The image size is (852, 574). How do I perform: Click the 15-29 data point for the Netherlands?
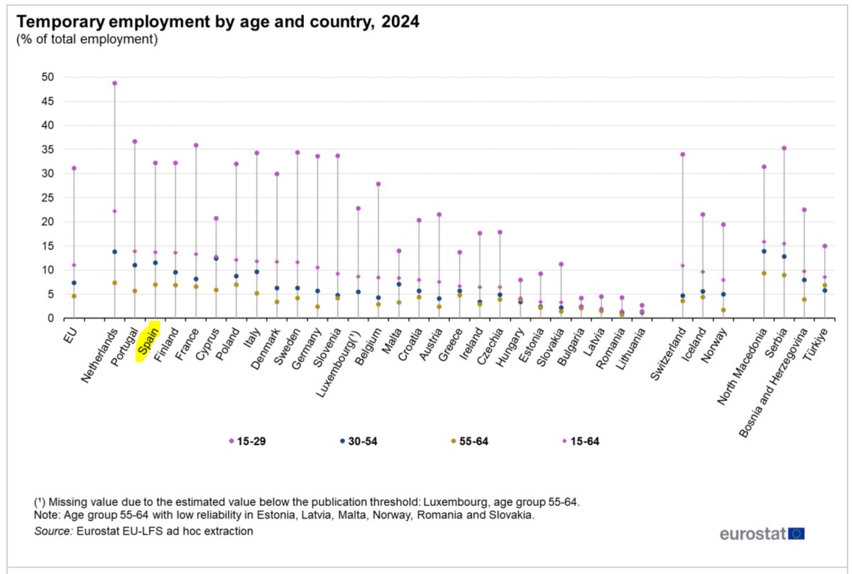(114, 83)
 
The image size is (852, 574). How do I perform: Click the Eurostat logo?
(762, 533)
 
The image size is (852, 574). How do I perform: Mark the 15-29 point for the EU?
(74, 168)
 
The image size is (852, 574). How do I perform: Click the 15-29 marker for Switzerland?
(682, 154)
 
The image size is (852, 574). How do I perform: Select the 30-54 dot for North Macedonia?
(764, 251)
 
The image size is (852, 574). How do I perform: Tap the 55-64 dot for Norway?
(723, 310)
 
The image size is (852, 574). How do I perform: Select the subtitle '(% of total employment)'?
(87, 40)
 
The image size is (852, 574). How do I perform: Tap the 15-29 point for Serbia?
(784, 148)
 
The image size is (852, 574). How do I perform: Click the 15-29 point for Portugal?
(135, 141)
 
